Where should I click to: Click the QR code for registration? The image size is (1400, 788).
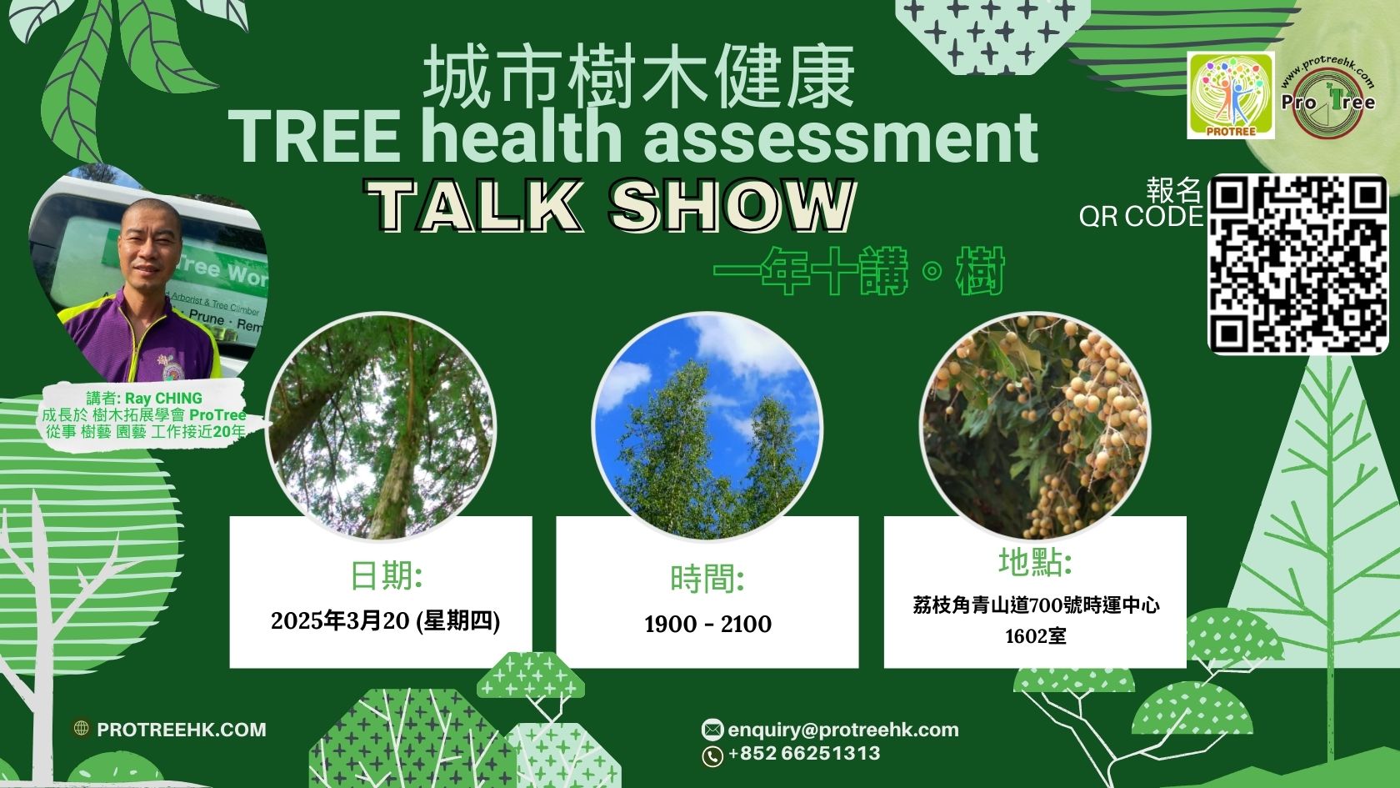coord(1297,264)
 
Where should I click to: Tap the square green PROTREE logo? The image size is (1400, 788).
coord(1231,95)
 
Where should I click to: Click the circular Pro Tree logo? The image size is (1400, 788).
coord(1327,97)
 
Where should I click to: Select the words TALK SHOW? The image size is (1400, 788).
coord(609,206)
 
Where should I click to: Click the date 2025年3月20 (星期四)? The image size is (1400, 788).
coord(385,621)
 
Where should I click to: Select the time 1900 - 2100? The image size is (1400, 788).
coord(707,624)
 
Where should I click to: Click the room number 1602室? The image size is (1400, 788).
coord(1035,636)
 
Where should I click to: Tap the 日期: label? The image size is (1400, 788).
coord(387,575)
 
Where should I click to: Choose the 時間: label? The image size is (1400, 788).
coord(707,578)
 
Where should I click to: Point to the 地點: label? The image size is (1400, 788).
coord(1035,561)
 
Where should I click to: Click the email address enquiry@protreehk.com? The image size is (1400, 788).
coord(842,730)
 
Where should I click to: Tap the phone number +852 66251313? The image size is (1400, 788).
coord(803,754)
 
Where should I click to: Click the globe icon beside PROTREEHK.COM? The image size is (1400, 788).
coord(82,729)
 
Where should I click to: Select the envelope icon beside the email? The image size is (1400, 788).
coord(712,729)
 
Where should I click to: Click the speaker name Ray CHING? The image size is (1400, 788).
coord(163,399)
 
